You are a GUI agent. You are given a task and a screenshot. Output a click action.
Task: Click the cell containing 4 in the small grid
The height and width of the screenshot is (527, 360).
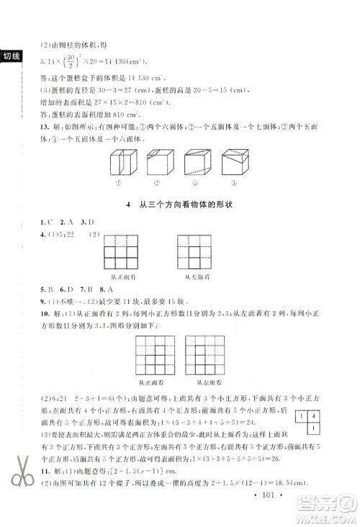point(315,415)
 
